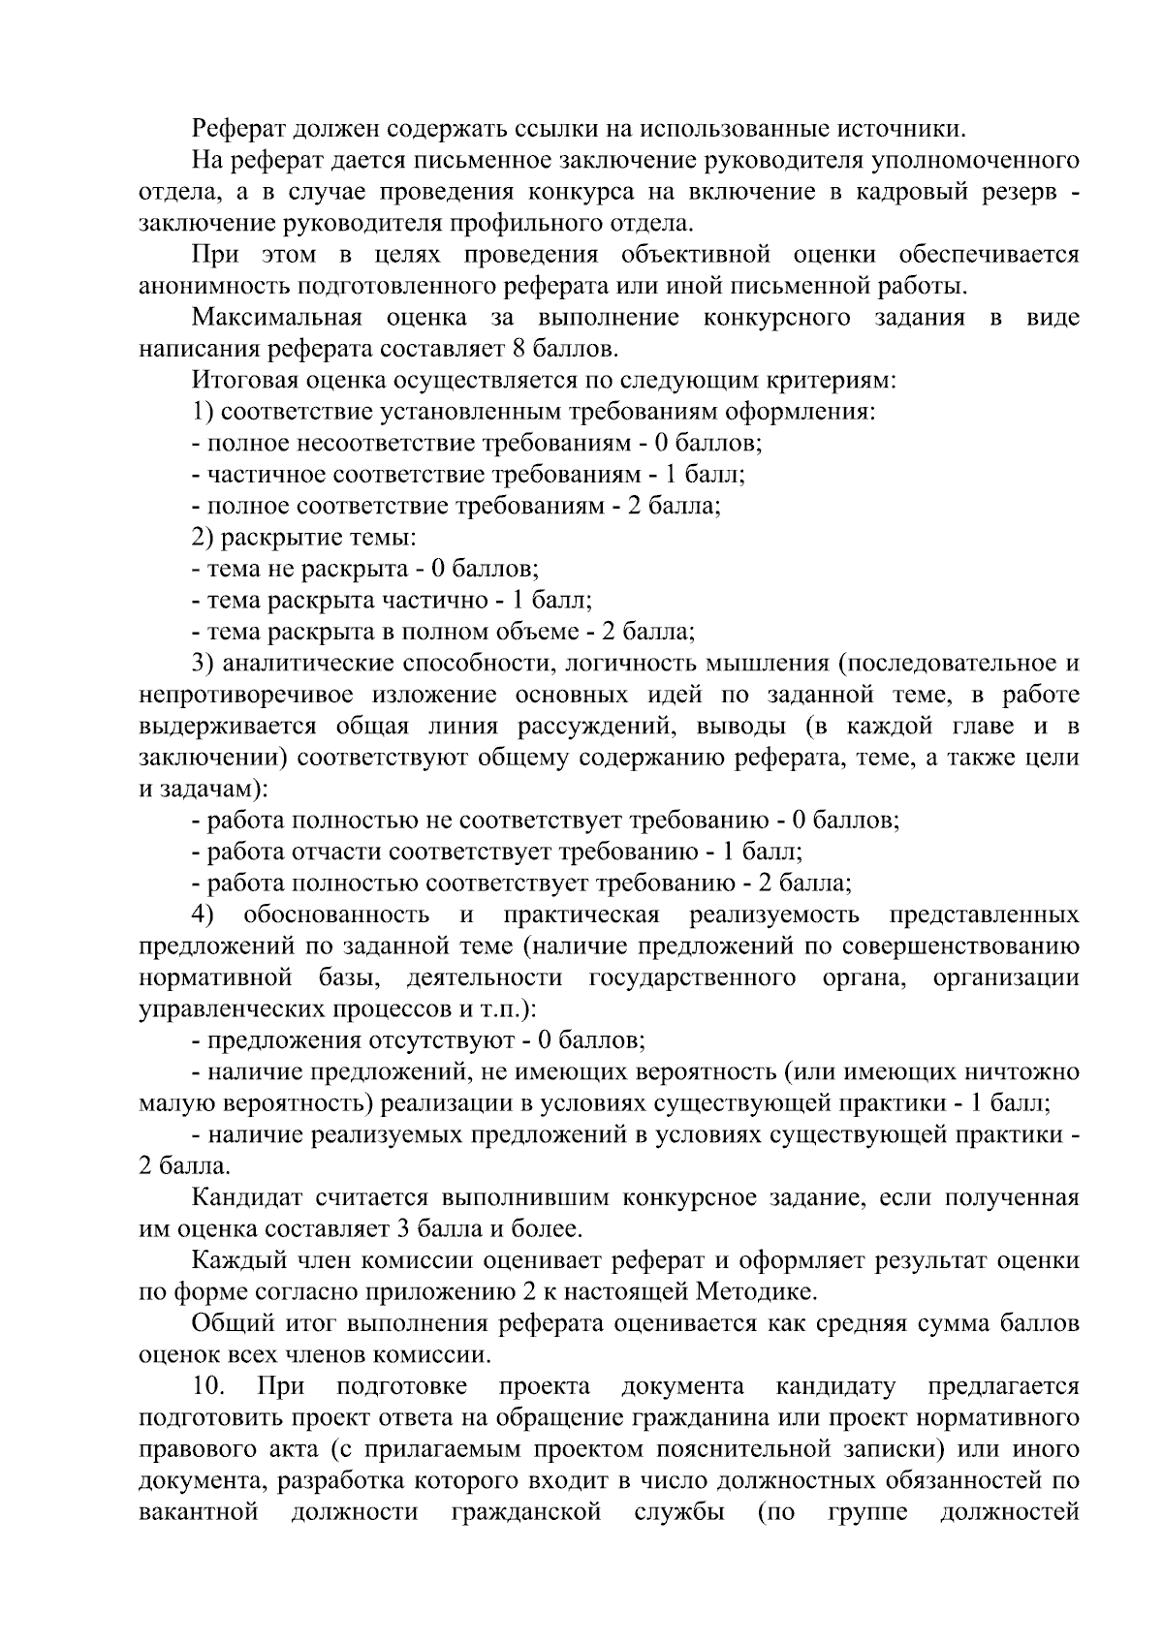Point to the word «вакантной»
(199, 1512)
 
